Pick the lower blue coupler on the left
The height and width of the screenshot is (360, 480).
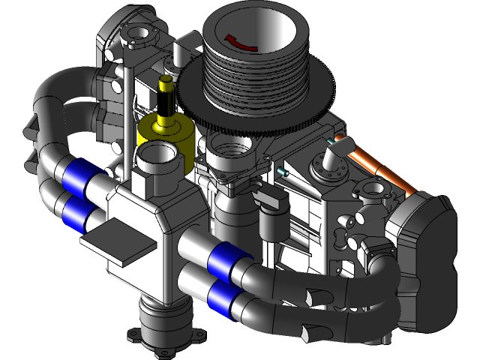80,212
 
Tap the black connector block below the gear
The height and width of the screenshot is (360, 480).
271,199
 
